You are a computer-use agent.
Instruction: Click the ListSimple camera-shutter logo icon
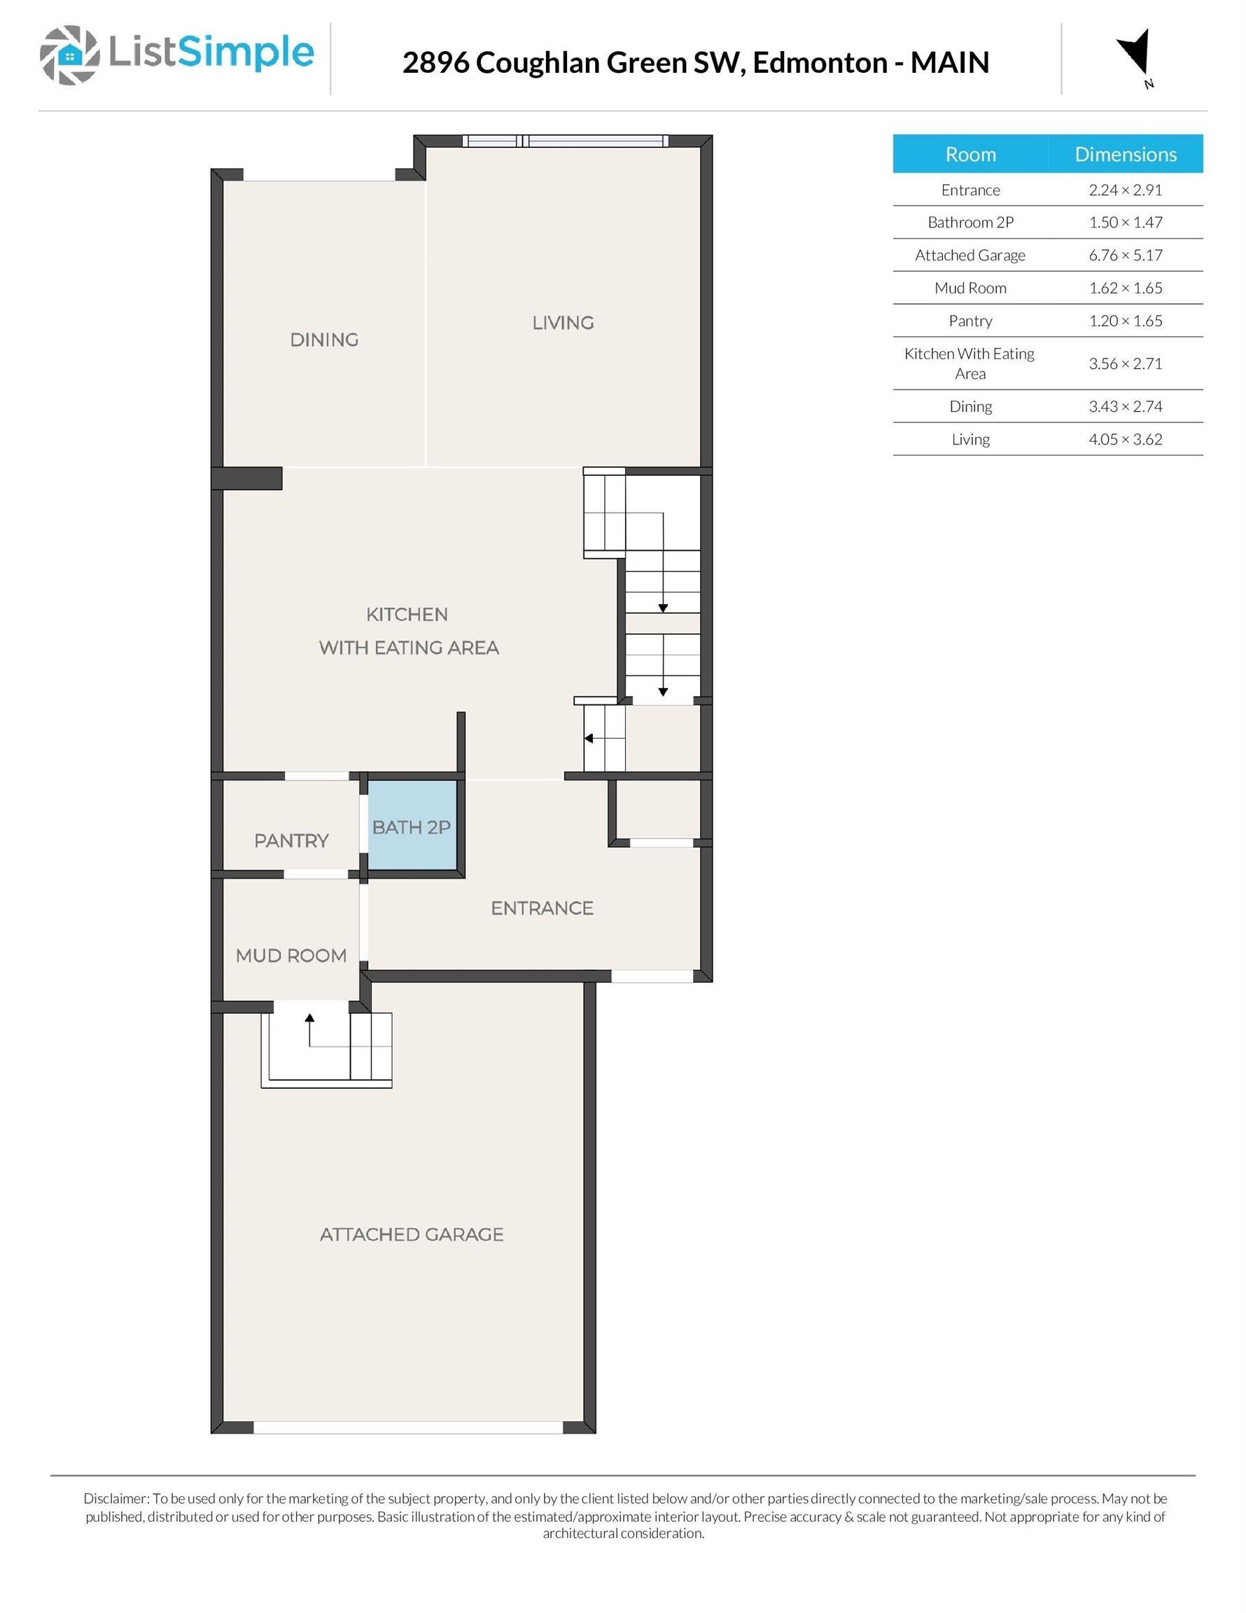(69, 55)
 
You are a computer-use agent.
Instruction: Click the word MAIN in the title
(949, 63)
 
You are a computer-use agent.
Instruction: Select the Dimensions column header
(1125, 154)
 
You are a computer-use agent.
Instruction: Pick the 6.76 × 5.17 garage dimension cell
(1125, 256)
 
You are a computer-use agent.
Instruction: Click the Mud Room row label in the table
(969, 288)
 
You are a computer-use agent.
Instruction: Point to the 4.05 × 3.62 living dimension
(1125, 440)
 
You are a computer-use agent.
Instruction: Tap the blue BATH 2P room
(412, 828)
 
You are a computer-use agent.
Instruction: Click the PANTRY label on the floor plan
(291, 841)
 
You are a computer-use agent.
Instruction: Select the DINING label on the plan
(323, 340)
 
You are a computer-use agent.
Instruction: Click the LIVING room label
(563, 323)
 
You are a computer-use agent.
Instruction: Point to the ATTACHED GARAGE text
(412, 1234)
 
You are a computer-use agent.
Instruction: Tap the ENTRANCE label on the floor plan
(541, 908)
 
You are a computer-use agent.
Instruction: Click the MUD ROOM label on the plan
(291, 956)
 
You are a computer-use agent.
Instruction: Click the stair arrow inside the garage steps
(309, 1019)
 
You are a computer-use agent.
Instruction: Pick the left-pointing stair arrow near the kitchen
(589, 739)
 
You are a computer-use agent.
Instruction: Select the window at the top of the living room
(566, 140)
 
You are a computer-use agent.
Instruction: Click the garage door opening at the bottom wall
(407, 1427)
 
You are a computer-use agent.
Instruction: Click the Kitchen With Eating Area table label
(969, 363)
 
